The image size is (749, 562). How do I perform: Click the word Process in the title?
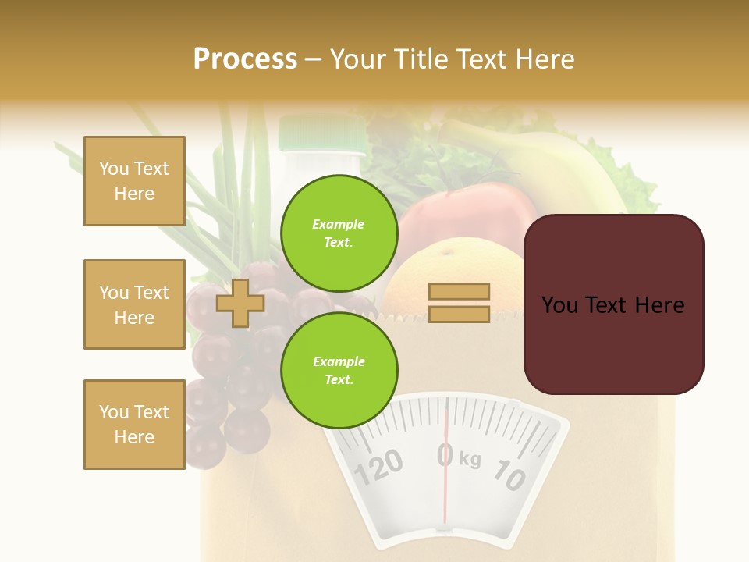click(x=245, y=59)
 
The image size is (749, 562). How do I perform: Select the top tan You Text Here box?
click(x=134, y=181)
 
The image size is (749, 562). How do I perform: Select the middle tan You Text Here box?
click(x=134, y=304)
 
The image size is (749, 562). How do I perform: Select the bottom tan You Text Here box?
click(x=134, y=424)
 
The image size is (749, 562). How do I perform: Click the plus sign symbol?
click(x=240, y=303)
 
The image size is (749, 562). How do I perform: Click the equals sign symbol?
click(x=460, y=303)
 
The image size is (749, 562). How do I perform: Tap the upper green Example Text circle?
click(x=339, y=233)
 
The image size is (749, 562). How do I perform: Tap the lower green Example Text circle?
click(x=339, y=370)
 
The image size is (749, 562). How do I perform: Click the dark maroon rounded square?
click(x=613, y=304)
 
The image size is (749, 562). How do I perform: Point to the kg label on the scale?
click(x=470, y=459)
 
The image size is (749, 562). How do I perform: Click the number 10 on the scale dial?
click(x=510, y=475)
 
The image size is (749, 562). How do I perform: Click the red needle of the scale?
click(x=446, y=484)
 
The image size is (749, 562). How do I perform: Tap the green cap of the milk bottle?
click(x=322, y=133)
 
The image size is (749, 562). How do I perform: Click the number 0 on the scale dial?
click(x=445, y=455)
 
